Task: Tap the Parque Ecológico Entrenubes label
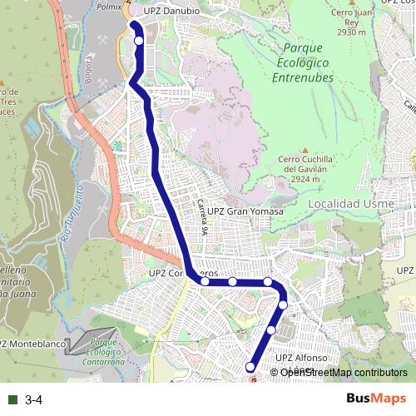pyautogui.click(x=302, y=63)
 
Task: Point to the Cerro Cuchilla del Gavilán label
pyautogui.click(x=305, y=164)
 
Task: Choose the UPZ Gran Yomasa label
pyautogui.click(x=245, y=211)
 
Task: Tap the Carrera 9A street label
pyautogui.click(x=201, y=215)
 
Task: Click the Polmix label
pyautogui.click(x=108, y=6)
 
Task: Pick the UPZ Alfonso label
pyautogui.click(x=297, y=358)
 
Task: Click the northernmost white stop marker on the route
pyautogui.click(x=138, y=40)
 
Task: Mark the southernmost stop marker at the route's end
pyautogui.click(x=250, y=367)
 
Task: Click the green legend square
pyautogui.click(x=11, y=400)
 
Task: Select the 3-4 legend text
pyautogui.click(x=34, y=400)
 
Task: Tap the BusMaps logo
pyautogui.click(x=376, y=399)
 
